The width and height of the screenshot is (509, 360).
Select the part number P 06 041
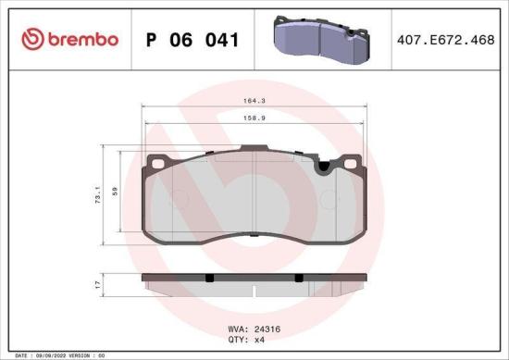pyautogui.click(x=192, y=40)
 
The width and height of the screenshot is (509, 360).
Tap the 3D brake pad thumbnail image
pyautogui.click(x=314, y=38)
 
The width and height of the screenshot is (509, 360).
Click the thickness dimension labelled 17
pyautogui.click(x=96, y=284)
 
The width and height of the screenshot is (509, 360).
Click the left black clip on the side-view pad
pyautogui.click(x=209, y=279)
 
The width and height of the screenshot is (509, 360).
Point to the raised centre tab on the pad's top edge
pyautogui.click(x=255, y=150)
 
